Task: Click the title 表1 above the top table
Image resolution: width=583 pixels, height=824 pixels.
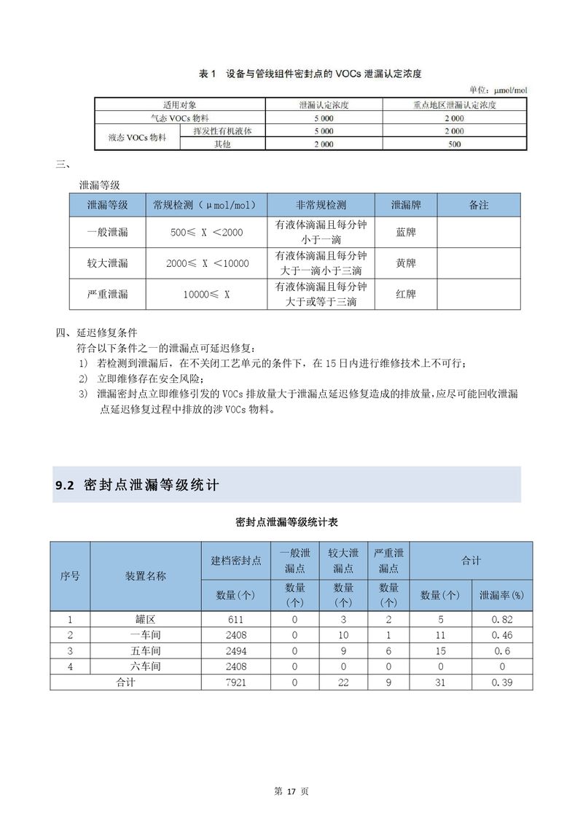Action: click(x=208, y=74)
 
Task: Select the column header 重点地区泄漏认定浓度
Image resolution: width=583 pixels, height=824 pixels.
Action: click(x=454, y=106)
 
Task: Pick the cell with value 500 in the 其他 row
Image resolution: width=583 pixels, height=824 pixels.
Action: click(x=454, y=144)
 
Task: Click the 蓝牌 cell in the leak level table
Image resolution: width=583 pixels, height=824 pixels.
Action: click(x=405, y=232)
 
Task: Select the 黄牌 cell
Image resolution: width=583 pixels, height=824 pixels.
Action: click(x=405, y=263)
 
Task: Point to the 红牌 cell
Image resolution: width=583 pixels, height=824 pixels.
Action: click(x=405, y=295)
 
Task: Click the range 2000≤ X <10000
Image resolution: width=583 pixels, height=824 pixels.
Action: click(x=207, y=263)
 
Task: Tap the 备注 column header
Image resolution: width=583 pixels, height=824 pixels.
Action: click(x=479, y=206)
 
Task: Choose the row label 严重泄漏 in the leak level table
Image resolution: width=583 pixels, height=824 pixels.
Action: click(x=107, y=295)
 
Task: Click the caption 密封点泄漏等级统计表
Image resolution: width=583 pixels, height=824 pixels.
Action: click(x=287, y=523)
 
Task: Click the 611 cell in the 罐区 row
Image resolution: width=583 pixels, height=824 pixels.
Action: click(x=235, y=619)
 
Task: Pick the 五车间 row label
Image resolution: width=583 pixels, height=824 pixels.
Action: click(x=146, y=650)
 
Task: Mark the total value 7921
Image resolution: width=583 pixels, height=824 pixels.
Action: click(x=235, y=682)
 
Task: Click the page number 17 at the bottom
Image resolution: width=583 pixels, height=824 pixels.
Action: click(x=291, y=792)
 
